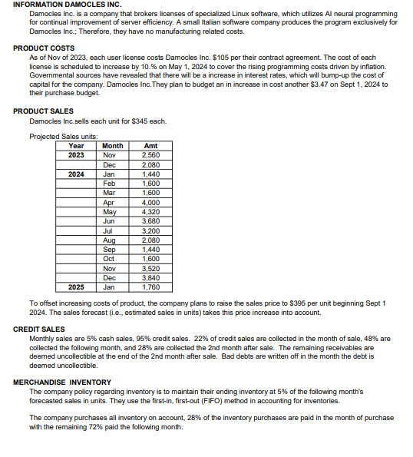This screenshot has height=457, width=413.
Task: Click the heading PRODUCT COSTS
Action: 44,48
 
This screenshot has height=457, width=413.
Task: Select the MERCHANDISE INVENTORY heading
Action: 62,382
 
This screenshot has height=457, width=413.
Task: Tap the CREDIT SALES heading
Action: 39,329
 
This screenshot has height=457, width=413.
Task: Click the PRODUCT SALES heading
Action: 44,111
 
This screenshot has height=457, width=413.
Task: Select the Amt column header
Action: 150,146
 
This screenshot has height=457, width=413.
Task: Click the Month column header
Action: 113,146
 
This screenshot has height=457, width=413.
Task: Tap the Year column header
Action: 77,146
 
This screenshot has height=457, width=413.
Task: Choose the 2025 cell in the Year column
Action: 77,287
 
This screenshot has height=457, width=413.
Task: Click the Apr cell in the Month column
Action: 109,201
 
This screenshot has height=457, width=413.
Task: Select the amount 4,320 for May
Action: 150,211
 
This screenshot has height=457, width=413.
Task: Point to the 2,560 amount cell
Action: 150,154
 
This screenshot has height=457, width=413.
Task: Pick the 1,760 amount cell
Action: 150,287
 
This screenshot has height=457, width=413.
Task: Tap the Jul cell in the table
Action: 108,230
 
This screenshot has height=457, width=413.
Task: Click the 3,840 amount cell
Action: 150,277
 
